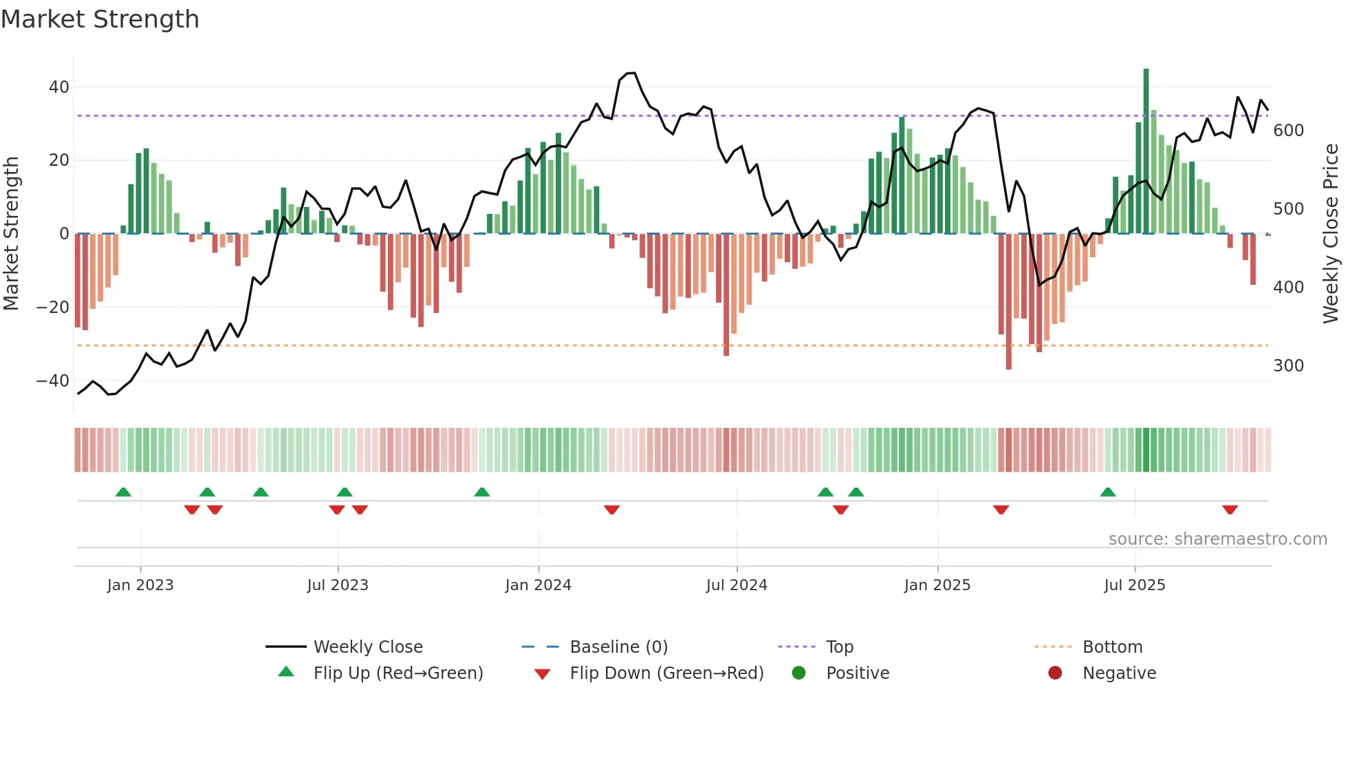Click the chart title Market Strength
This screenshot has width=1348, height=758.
[100, 19]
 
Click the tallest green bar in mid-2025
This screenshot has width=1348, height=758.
[1146, 151]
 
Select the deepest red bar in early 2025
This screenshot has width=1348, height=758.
[1008, 303]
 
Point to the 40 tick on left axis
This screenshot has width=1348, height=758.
[59, 87]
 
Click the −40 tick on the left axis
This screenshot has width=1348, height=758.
[54, 381]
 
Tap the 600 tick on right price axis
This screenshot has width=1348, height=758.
[1288, 131]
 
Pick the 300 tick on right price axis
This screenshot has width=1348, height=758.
[1288, 366]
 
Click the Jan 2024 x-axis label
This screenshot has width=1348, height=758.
[538, 585]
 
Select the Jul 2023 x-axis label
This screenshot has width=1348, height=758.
[338, 585]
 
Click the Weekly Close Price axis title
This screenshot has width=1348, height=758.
[1331, 234]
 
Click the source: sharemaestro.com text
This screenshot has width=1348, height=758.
[1217, 539]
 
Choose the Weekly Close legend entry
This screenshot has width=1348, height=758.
[367, 647]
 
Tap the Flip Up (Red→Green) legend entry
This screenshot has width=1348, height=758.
[398, 673]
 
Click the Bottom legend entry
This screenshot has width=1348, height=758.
[1112, 647]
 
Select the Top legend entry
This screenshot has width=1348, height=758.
[839, 647]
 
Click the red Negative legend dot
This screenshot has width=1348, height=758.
[1055, 673]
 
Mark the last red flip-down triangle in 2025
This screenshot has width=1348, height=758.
[1230, 510]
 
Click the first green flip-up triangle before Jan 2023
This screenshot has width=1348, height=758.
[123, 492]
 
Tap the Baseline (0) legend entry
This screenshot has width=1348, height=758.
[618, 647]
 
